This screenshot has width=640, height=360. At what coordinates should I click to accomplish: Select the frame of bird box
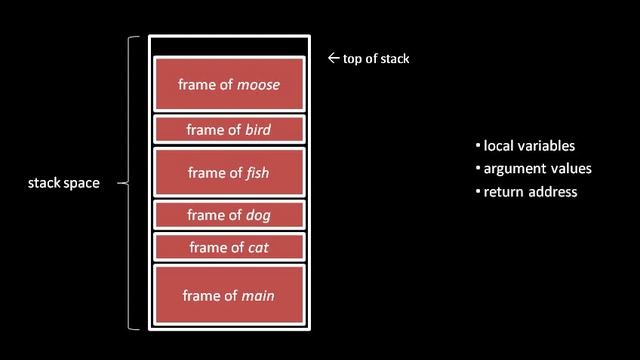point(229,129)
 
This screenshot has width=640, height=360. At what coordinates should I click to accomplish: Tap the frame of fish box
point(229,172)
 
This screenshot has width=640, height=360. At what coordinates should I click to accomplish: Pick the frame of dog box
point(229,215)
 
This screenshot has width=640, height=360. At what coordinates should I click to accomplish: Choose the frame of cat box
point(229,247)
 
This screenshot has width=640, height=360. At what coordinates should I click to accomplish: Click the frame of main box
point(229,295)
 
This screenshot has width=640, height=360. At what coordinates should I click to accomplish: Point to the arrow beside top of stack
point(334,59)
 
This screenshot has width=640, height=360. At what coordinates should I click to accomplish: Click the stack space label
point(64,184)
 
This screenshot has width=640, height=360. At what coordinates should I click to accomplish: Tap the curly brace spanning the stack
point(130,184)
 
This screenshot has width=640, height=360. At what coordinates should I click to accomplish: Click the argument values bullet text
point(537,169)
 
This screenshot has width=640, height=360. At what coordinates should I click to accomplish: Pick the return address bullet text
point(530,192)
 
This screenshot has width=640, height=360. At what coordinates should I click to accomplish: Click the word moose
point(258,85)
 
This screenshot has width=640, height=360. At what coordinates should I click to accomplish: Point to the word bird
point(258,130)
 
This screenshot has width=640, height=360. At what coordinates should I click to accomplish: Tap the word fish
point(257,173)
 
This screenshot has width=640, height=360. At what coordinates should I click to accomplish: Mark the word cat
point(258,248)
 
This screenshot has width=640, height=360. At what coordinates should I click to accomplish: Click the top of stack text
point(376,59)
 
